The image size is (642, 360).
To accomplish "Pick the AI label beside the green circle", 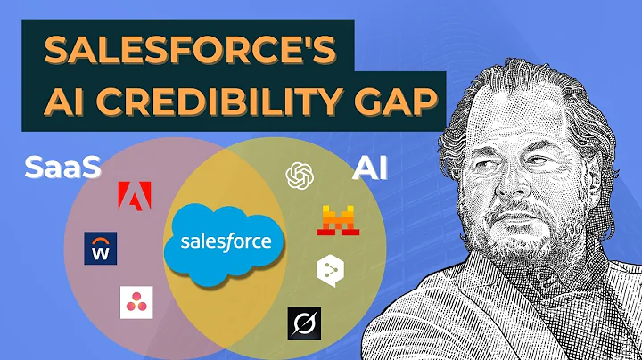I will click(x=371, y=168).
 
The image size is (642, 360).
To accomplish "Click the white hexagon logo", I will click(x=328, y=270).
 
